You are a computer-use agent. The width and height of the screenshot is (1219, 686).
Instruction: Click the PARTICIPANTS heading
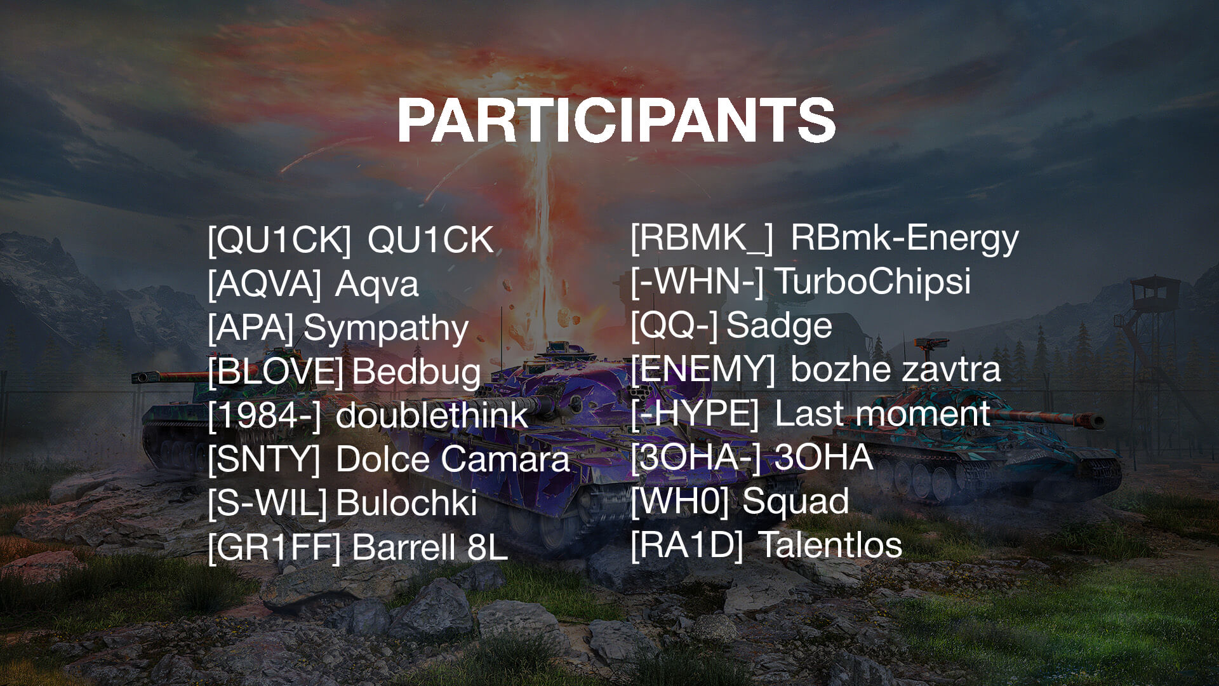[x=616, y=121]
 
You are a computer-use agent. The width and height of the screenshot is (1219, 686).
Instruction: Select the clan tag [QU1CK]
[x=279, y=240]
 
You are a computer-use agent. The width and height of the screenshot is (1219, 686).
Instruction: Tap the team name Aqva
[x=376, y=284]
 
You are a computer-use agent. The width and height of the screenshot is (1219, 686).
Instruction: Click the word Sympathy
[x=386, y=329]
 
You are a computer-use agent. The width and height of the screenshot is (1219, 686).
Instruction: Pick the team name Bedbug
[x=416, y=372]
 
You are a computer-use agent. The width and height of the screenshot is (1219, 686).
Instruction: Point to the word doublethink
[x=432, y=415]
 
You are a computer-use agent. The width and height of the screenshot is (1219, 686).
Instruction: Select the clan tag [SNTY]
[x=264, y=459]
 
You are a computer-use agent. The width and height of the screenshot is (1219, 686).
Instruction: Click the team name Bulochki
[x=406, y=503]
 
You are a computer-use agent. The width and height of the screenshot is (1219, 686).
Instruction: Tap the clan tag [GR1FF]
[x=274, y=548]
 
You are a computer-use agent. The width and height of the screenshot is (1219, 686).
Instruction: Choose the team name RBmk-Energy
[x=905, y=238]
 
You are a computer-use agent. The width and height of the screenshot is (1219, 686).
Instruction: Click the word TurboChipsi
[x=873, y=281]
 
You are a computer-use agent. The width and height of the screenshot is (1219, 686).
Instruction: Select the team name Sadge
[x=779, y=325]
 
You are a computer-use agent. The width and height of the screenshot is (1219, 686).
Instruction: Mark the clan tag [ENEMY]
[x=703, y=369]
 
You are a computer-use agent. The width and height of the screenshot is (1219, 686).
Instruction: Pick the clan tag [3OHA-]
[x=696, y=457]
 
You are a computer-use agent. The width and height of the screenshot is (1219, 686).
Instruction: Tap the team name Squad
[x=796, y=501]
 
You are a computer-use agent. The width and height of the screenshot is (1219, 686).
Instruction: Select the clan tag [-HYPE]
[x=695, y=414]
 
